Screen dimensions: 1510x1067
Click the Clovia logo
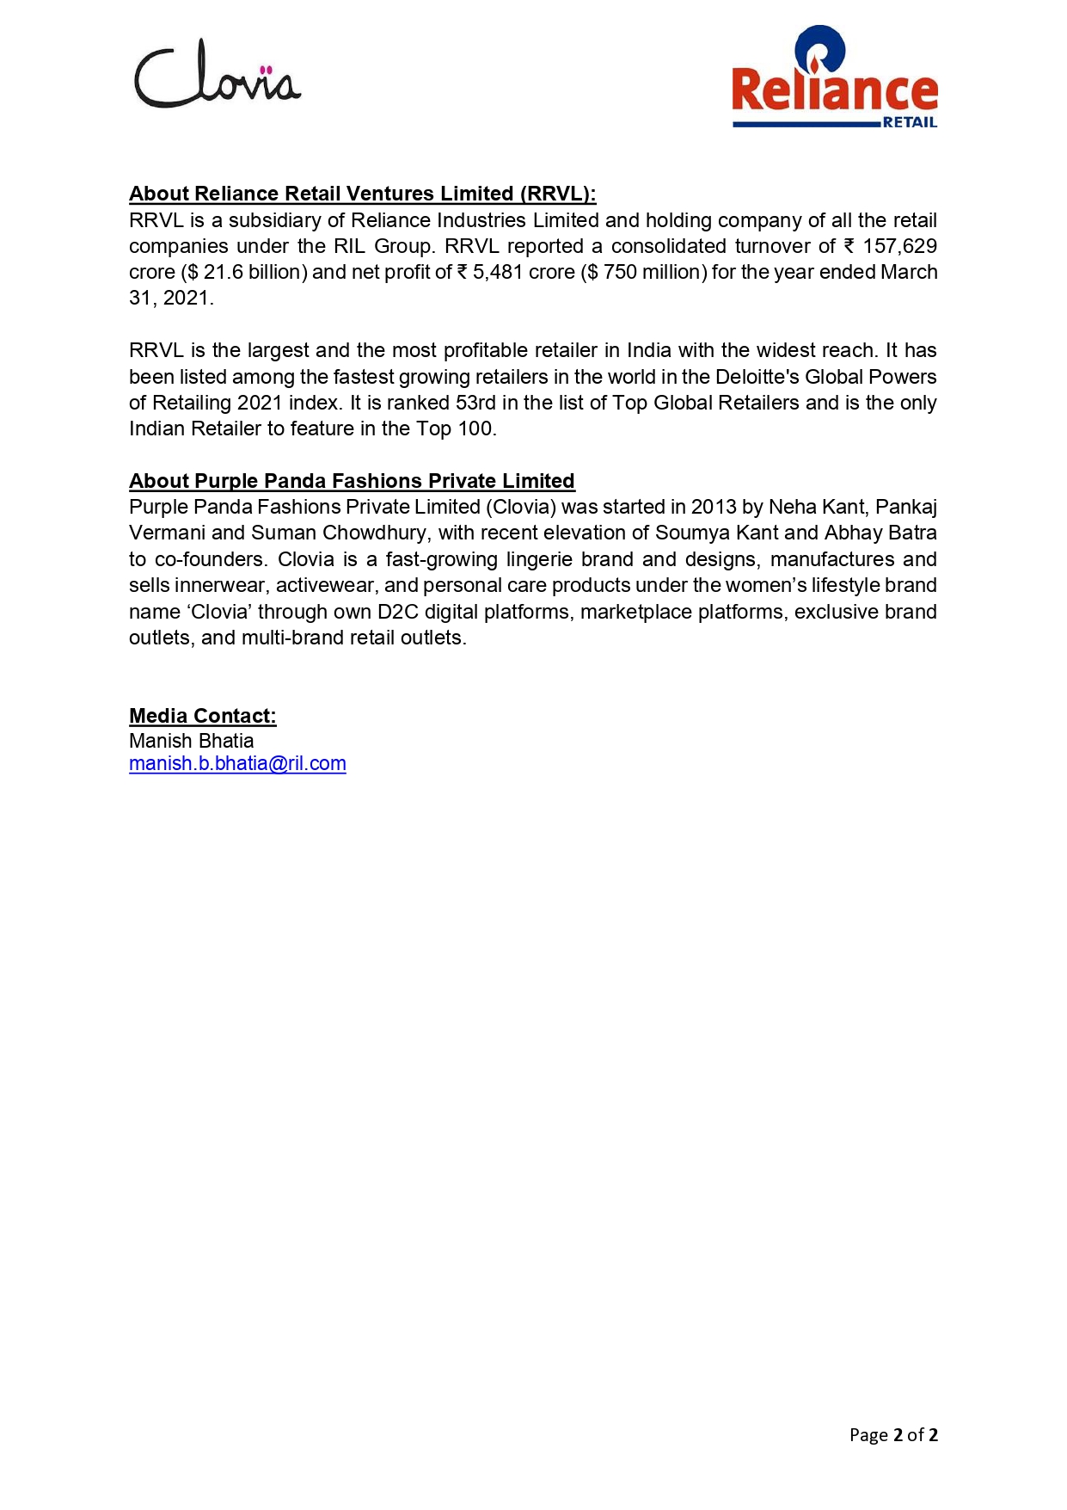click(217, 75)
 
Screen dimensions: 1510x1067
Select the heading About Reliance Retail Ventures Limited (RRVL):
click(362, 194)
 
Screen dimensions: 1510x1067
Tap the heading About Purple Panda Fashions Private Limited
click(352, 481)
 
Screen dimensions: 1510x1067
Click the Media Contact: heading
click(202, 716)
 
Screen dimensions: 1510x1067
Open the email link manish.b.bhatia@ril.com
click(237, 764)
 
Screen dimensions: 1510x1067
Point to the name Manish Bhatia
click(191, 741)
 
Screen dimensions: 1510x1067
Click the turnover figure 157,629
click(899, 246)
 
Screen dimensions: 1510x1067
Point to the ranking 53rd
click(475, 403)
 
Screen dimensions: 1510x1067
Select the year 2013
click(713, 507)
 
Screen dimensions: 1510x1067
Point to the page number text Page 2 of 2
click(892, 1434)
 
